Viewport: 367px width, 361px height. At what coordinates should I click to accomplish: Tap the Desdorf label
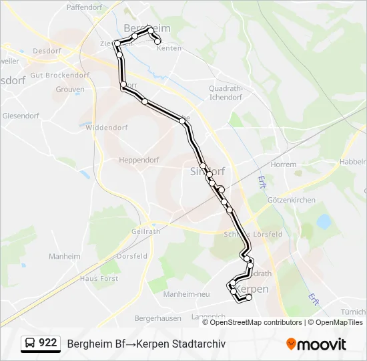[46, 51]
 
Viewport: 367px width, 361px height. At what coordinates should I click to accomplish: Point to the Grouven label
[70, 89]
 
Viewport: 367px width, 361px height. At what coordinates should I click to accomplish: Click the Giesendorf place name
[21, 115]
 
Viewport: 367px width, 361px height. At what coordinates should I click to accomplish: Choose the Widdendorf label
[106, 127]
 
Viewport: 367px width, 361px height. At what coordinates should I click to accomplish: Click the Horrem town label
[283, 164]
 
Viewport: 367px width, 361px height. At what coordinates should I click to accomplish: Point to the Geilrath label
[146, 231]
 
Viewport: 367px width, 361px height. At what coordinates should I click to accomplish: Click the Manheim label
[65, 256]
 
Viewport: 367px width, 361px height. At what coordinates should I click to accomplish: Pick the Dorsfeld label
[132, 256]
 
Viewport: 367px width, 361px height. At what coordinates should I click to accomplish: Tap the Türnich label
[353, 312]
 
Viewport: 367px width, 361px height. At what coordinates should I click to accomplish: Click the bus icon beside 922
[30, 343]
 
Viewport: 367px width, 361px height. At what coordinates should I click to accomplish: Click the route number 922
[47, 343]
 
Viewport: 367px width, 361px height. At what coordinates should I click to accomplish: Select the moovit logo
[316, 344]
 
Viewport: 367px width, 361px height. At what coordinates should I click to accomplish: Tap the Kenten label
[169, 49]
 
